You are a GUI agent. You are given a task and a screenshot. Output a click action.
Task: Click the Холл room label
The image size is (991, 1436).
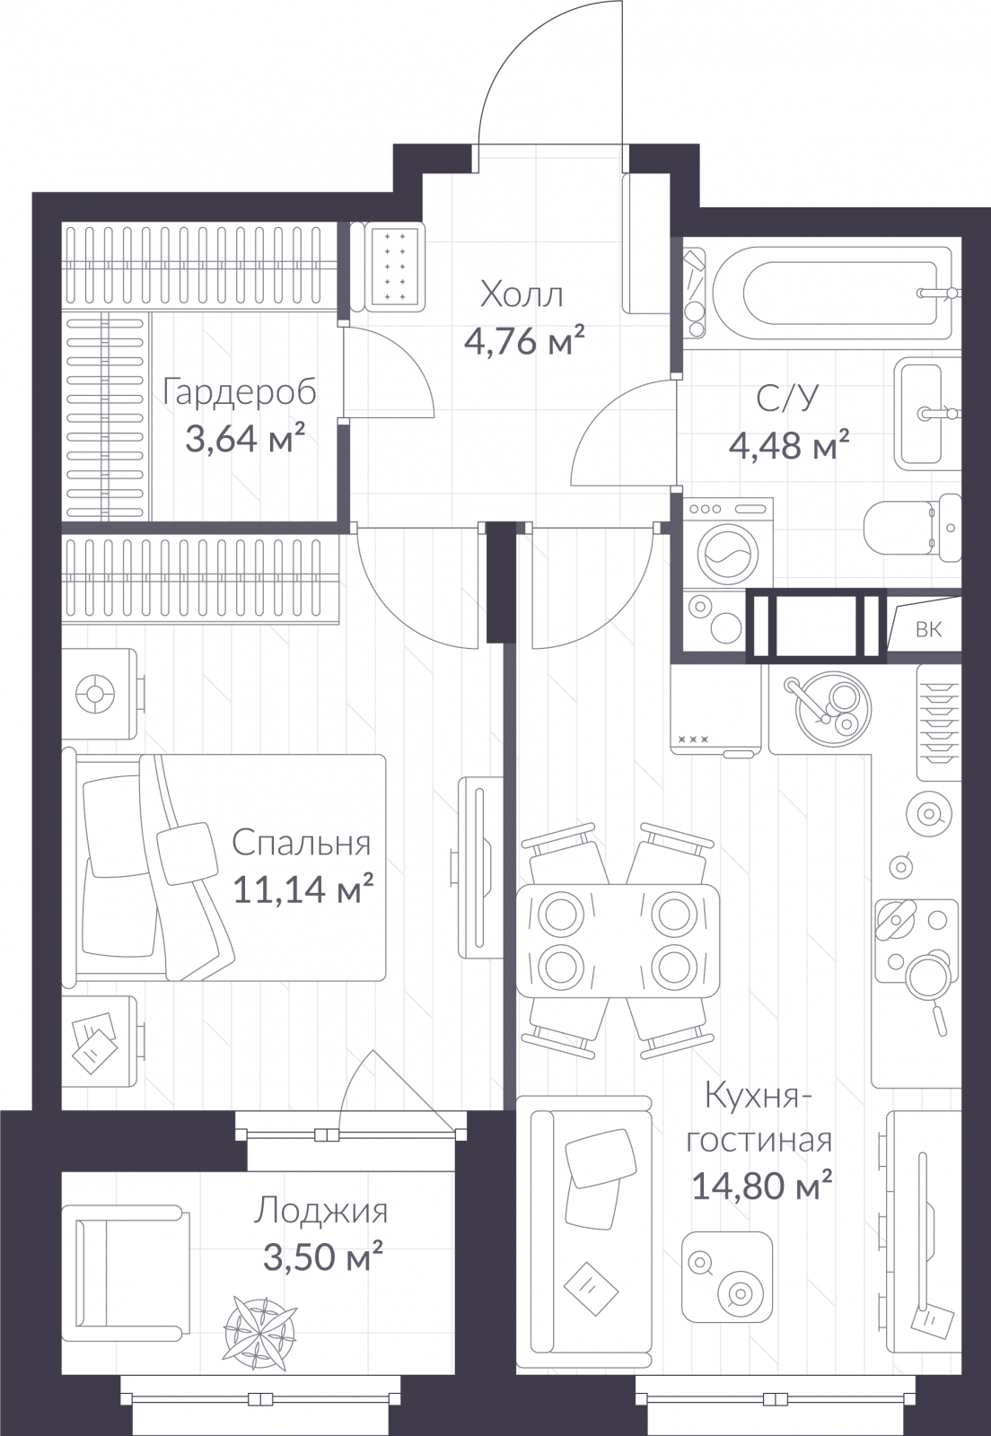(x=522, y=295)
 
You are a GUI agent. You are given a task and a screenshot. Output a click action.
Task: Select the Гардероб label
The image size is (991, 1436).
(x=240, y=393)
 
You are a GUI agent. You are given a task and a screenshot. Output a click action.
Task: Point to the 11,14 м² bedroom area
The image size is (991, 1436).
(x=303, y=889)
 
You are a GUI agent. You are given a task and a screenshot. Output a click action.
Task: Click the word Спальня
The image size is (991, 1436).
(x=302, y=843)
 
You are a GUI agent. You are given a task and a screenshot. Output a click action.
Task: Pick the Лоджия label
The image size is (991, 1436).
(x=320, y=1212)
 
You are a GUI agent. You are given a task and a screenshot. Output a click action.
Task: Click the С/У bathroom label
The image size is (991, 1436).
(x=788, y=398)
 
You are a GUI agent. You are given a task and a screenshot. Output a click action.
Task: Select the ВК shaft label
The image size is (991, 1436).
(x=929, y=629)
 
